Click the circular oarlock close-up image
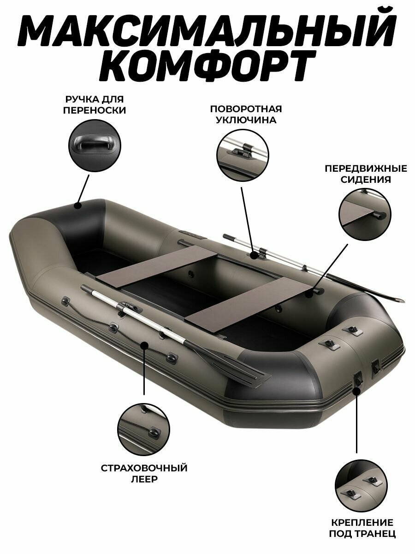click(243, 152)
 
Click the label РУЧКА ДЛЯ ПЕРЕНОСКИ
click(95, 105)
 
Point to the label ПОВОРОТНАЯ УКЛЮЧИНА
click(246, 114)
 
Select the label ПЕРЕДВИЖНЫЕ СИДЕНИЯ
click(366, 174)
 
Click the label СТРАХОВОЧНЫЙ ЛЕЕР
click(144, 473)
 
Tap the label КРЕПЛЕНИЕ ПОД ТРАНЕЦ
click(362, 528)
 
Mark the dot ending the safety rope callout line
click(144, 344)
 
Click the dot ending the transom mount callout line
click(356, 391)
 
